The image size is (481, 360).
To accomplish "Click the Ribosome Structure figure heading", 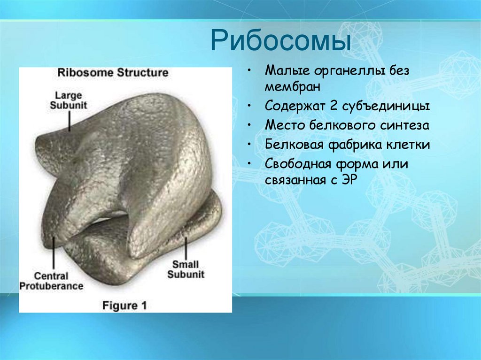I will tap(112, 73).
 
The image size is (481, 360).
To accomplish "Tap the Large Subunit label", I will tap(69, 100).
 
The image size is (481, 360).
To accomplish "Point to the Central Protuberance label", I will tap(51, 281).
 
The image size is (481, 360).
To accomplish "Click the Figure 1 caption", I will tap(124, 306).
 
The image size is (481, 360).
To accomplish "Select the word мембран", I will tap(292, 87).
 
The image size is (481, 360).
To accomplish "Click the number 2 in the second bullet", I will tap(334, 106).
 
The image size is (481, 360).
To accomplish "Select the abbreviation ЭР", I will tap(348, 181).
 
